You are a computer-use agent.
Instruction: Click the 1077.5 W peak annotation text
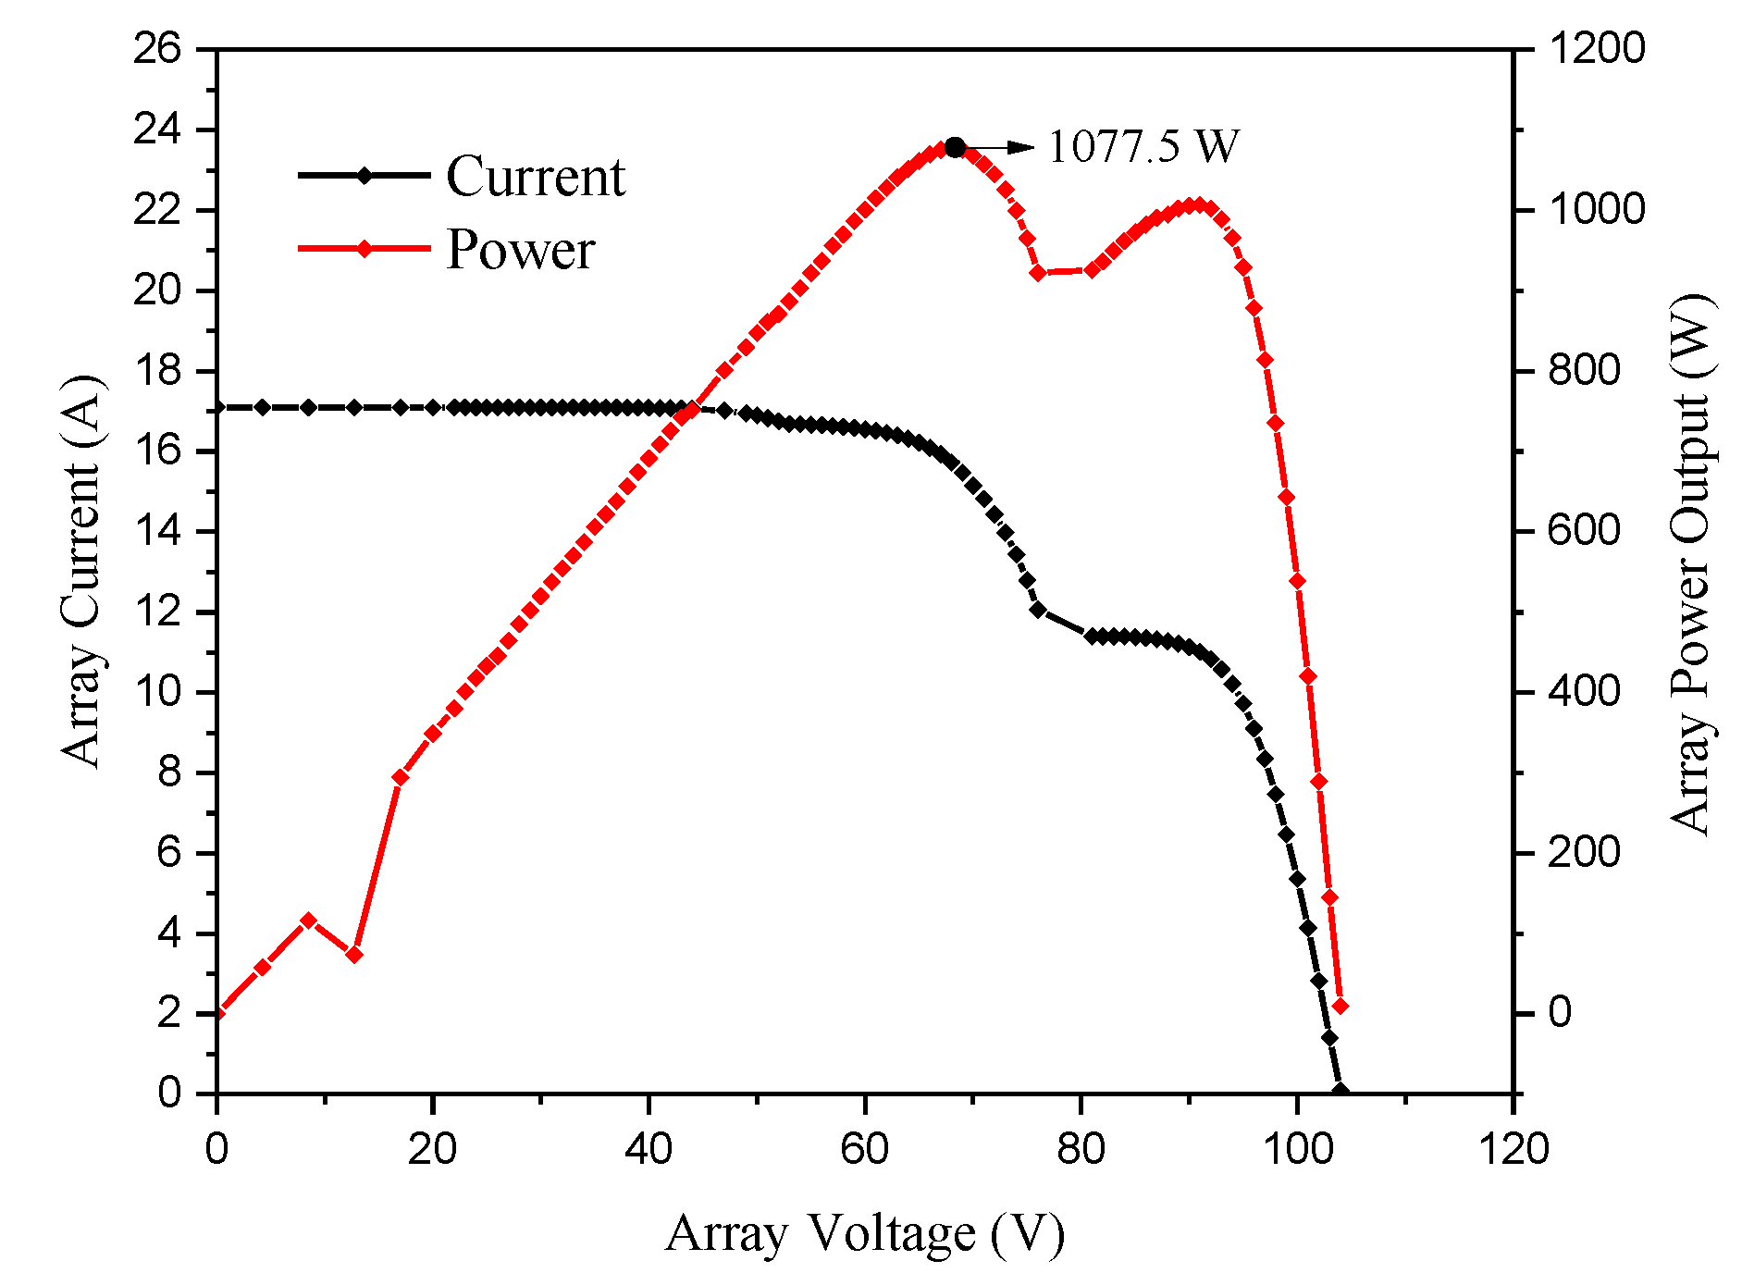click(x=1143, y=146)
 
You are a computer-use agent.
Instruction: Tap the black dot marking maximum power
click(x=956, y=147)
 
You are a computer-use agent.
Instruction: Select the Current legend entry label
click(x=536, y=176)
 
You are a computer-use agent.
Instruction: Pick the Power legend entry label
click(x=521, y=249)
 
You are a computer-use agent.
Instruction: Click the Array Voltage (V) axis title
click(x=865, y=1232)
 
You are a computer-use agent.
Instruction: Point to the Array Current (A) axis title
click(x=81, y=571)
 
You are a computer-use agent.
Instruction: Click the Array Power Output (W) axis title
click(x=1691, y=564)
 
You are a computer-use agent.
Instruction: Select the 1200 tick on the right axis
click(x=1597, y=49)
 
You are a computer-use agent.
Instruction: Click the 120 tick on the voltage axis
click(x=1513, y=1149)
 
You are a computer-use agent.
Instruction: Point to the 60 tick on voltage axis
click(x=865, y=1149)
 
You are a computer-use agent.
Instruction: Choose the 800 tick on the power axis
click(x=1585, y=370)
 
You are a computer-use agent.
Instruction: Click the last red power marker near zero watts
click(x=1340, y=1006)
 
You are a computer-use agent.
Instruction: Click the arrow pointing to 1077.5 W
click(x=1004, y=147)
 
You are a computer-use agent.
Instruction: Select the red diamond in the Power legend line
click(x=364, y=249)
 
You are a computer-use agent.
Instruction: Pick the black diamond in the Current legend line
click(x=364, y=175)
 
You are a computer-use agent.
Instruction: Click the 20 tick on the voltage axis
click(x=432, y=1149)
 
